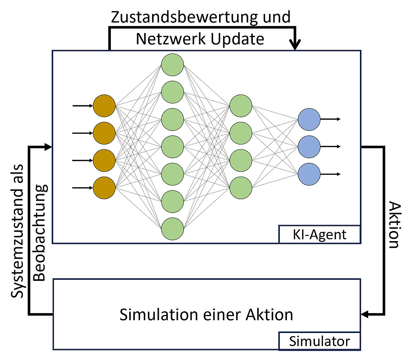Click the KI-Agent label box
(319, 235)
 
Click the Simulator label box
(319, 341)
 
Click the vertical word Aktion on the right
(393, 225)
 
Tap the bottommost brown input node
(104, 188)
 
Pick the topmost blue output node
(309, 119)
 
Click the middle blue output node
(309, 147)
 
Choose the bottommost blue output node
(309, 174)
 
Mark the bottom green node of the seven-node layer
(173, 228)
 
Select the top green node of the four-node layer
(240, 106)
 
